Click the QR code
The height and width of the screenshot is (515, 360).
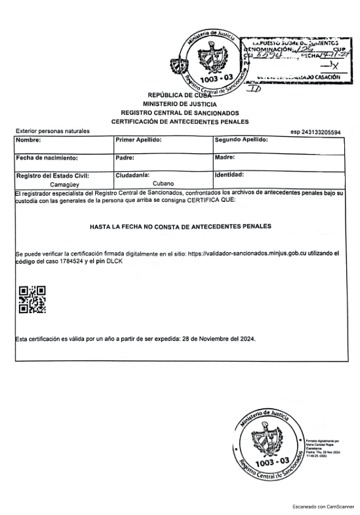(32, 299)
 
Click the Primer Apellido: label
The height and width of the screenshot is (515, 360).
(138, 140)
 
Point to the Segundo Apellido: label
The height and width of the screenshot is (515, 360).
(241, 140)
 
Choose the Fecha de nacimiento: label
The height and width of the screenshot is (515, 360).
(47, 158)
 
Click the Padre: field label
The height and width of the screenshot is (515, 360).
(125, 158)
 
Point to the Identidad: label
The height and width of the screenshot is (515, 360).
(229, 175)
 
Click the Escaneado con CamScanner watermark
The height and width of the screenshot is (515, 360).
(323, 506)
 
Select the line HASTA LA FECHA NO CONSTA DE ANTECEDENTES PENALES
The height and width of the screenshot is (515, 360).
(180, 226)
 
